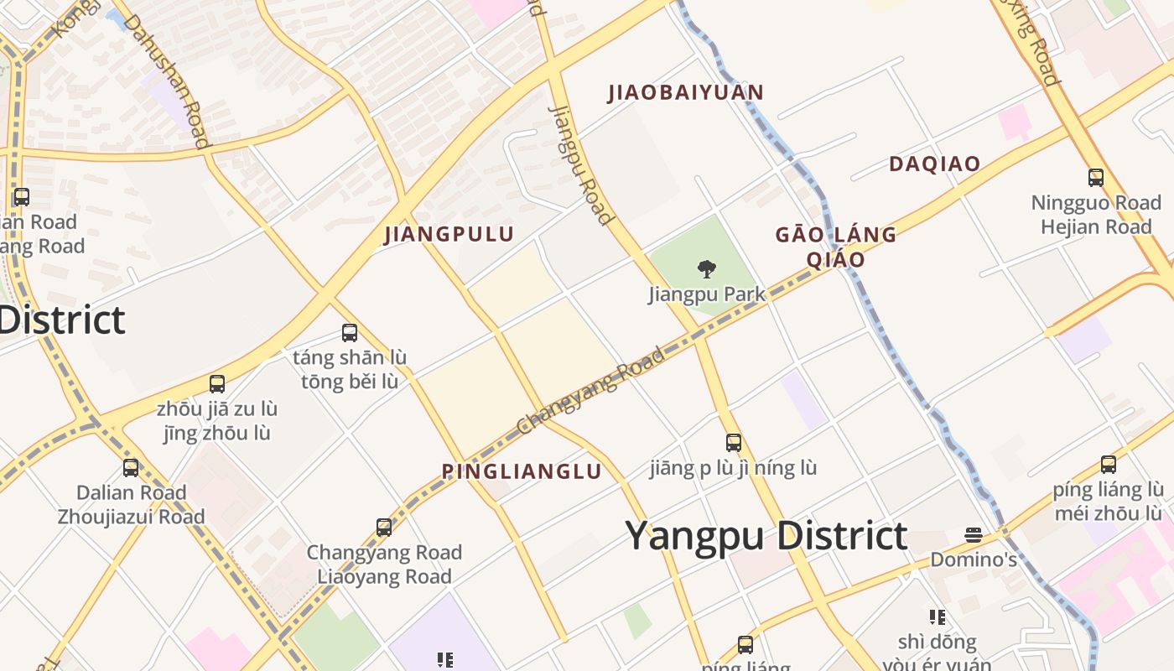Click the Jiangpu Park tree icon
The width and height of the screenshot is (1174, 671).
pyautogui.click(x=707, y=269)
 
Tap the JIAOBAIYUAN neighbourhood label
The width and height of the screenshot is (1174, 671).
pyautogui.click(x=686, y=92)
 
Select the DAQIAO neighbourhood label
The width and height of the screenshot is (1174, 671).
pyautogui.click(x=934, y=164)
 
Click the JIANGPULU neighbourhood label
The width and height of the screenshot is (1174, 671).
pyautogui.click(x=449, y=234)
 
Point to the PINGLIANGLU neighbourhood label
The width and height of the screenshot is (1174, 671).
pyautogui.click(x=522, y=471)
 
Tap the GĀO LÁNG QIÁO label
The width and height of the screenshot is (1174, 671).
pyautogui.click(x=836, y=247)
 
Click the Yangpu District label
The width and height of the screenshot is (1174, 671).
pyautogui.click(x=766, y=535)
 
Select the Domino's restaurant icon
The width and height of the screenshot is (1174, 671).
pyautogui.click(x=973, y=534)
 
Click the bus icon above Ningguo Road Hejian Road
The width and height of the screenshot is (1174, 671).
pyautogui.click(x=1095, y=177)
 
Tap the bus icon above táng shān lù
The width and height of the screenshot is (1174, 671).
pyautogui.click(x=350, y=333)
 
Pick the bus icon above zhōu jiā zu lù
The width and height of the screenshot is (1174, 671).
pyautogui.click(x=217, y=384)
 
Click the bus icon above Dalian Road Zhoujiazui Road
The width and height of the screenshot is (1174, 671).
pyautogui.click(x=131, y=468)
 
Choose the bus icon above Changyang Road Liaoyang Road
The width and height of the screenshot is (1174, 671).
pyautogui.click(x=384, y=528)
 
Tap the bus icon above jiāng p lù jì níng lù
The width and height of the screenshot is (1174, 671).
pyautogui.click(x=734, y=443)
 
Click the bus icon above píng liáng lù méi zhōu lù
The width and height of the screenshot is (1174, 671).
pyautogui.click(x=1109, y=465)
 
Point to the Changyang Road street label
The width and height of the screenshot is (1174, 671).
pyautogui.click(x=590, y=391)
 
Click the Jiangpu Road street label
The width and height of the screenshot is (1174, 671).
pyautogui.click(x=579, y=164)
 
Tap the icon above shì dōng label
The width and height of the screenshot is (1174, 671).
pyautogui.click(x=938, y=617)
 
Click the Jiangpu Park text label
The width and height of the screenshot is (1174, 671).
pyautogui.click(x=707, y=294)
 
